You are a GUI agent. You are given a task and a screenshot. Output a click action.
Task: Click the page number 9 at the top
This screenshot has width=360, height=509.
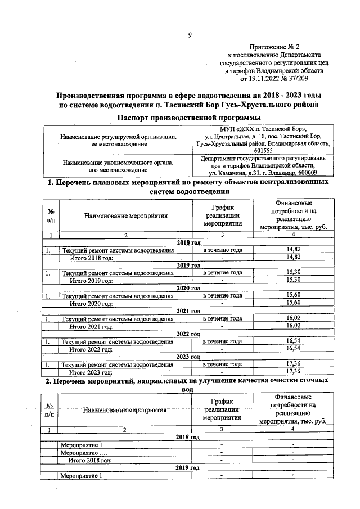pos(190,35)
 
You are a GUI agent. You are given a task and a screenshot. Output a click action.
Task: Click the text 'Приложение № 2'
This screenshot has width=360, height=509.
pos(277,48)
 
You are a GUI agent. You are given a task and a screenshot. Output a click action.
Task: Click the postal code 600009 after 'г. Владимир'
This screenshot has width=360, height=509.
pos(306,173)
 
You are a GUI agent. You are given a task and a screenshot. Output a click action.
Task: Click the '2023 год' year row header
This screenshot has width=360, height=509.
pos(188,357)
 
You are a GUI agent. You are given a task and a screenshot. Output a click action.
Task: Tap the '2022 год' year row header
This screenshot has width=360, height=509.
pos(188,334)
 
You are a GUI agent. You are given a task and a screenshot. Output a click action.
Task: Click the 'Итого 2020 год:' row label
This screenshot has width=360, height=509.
pos(91,303)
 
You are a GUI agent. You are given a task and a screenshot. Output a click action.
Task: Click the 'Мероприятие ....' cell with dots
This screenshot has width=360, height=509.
pos(84,452)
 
